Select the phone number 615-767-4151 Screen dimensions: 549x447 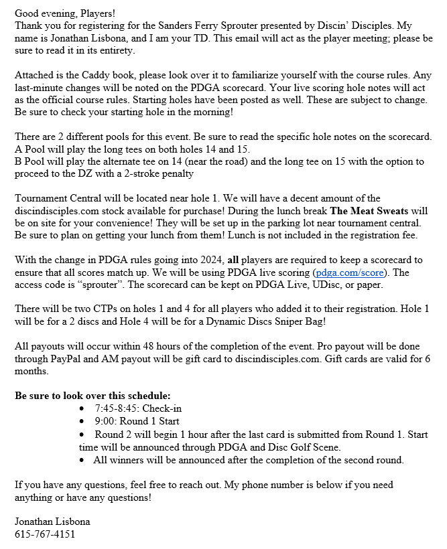click(45, 534)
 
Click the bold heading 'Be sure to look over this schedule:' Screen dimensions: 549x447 click(92, 395)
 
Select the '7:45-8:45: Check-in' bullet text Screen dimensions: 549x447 click(138, 408)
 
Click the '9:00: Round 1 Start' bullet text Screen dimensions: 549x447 click(137, 421)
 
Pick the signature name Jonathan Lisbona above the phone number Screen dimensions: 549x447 click(52, 522)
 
